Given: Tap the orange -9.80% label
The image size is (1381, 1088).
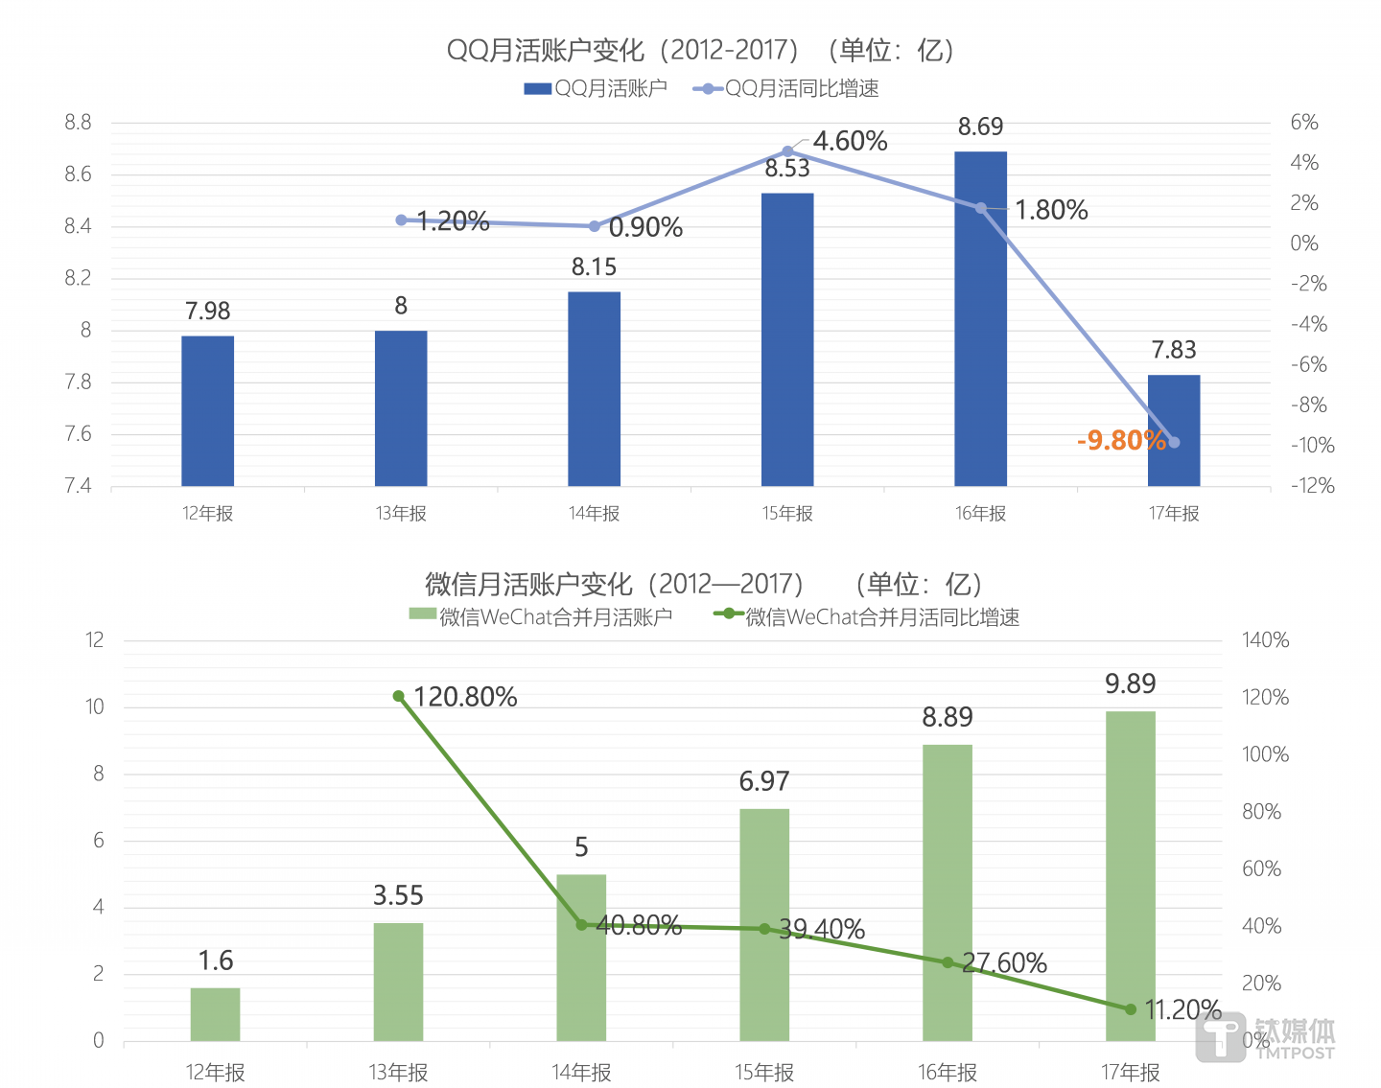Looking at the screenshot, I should (x=1121, y=440).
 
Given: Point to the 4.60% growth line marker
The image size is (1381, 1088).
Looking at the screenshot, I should (x=787, y=151).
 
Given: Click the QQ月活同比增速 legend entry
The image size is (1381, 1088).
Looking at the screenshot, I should (x=786, y=89).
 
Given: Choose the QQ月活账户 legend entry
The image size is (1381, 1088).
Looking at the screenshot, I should (x=596, y=89).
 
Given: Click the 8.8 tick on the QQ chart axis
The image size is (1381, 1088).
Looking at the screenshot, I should (x=78, y=123).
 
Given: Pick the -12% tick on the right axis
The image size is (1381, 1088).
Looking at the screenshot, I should (x=1312, y=486).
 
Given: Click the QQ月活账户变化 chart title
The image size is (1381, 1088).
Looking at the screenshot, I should (x=700, y=50).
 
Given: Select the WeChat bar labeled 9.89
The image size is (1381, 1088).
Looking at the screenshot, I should (x=1130, y=875).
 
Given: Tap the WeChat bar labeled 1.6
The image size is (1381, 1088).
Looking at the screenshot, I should (x=215, y=1014).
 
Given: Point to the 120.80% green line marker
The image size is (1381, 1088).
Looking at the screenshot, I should (x=399, y=696).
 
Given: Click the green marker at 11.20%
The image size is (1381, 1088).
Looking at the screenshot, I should (x=1130, y=1009).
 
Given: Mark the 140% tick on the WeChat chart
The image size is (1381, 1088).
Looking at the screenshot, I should (x=1265, y=640).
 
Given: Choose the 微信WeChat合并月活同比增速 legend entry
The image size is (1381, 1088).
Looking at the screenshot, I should (x=867, y=617).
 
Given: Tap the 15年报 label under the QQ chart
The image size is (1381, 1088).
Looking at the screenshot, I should (x=787, y=514).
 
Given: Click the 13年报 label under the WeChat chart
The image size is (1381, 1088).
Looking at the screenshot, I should (x=398, y=1072).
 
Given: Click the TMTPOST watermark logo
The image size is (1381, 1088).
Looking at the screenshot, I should (x=1266, y=1037).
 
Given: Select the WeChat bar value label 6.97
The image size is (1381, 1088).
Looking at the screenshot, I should (x=764, y=781).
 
